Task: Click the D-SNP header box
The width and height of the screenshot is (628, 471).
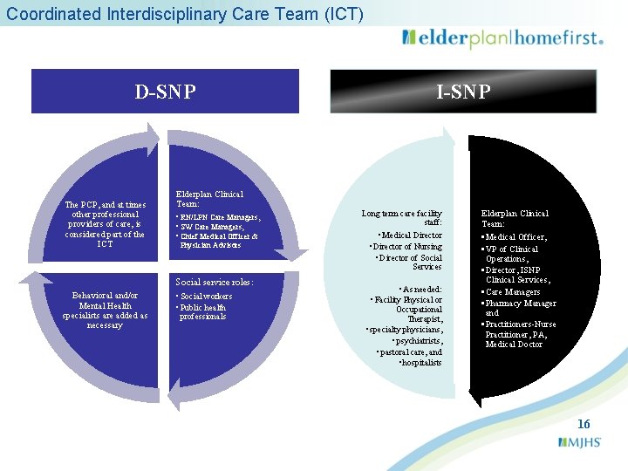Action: (x=165, y=92)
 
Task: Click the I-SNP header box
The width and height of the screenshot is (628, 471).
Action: (x=463, y=92)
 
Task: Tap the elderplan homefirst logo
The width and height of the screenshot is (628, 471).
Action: (x=502, y=38)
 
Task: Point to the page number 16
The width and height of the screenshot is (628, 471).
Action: (x=584, y=424)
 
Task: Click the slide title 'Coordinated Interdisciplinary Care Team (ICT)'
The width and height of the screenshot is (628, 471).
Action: (x=185, y=14)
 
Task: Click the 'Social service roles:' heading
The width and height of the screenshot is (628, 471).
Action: (x=215, y=283)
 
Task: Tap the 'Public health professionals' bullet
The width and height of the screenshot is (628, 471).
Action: (x=202, y=311)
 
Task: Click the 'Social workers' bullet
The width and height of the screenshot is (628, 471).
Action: (x=206, y=297)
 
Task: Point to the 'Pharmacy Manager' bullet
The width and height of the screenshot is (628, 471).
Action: (x=520, y=303)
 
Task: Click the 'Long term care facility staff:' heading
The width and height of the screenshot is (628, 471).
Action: (x=402, y=218)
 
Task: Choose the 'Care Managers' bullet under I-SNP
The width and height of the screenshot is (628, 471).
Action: (x=512, y=291)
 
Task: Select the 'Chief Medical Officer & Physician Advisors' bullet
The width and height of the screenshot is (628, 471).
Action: (x=218, y=241)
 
